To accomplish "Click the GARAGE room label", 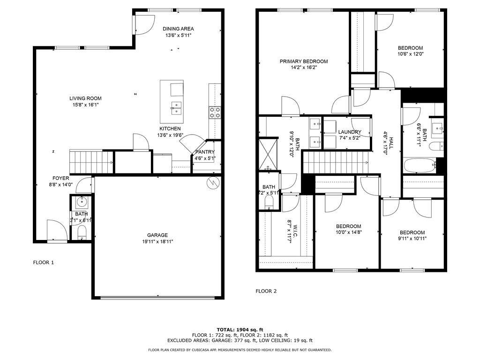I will [x=157, y=235].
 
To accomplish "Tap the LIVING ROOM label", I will [x=85, y=98].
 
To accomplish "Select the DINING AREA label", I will [x=178, y=29].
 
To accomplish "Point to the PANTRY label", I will [x=205, y=152].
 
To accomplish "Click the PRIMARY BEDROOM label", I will [x=304, y=61].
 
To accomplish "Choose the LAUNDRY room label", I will [x=349, y=132].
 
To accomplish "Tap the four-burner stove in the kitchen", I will [x=215, y=112].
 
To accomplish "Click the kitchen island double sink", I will [x=176, y=108].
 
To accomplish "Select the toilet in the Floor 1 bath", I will [x=82, y=232].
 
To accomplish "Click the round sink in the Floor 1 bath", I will [x=82, y=202].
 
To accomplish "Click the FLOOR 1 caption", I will [x=43, y=262].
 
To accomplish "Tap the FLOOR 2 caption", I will [x=266, y=291].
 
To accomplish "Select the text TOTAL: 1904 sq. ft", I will [x=240, y=330].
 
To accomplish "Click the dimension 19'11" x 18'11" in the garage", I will [x=157, y=242].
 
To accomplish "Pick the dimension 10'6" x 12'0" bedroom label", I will [x=411, y=54].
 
